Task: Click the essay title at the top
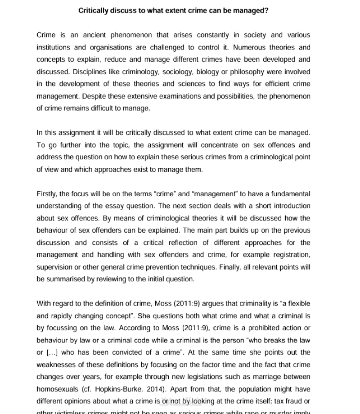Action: pyautogui.click(x=173, y=10)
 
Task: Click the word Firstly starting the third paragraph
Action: pyautogui.click(x=46, y=194)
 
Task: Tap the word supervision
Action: pyautogui.click(x=54, y=267)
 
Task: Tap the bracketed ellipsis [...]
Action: pyautogui.click(x=50, y=353)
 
